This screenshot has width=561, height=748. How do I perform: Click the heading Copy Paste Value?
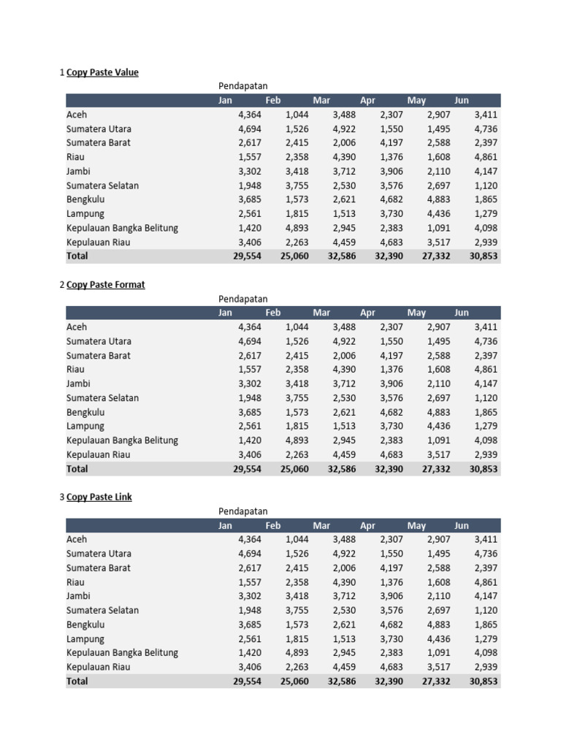click(x=102, y=72)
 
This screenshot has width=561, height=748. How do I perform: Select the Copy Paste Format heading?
click(x=105, y=285)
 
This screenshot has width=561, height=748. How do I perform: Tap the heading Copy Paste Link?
click(x=99, y=497)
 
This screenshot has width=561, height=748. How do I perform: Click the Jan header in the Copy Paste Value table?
click(x=225, y=101)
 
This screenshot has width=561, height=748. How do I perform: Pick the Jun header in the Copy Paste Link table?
click(x=462, y=526)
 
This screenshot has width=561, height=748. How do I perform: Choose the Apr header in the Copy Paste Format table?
click(x=367, y=313)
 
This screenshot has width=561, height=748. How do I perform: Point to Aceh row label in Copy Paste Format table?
click(x=77, y=327)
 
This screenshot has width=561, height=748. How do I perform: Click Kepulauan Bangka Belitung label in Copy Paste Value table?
click(x=122, y=228)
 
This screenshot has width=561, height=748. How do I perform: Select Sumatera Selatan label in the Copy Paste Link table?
click(x=102, y=611)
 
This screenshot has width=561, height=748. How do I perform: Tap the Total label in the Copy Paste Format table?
click(x=77, y=469)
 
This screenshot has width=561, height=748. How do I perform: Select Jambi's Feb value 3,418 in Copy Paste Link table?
click(x=297, y=597)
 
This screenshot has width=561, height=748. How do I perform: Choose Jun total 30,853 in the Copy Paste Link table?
click(x=483, y=682)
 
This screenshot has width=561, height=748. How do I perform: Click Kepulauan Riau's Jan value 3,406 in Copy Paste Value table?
click(x=249, y=243)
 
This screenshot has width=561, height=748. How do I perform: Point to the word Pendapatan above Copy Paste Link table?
click(x=243, y=511)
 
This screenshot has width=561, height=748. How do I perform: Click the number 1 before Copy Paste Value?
click(x=61, y=72)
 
